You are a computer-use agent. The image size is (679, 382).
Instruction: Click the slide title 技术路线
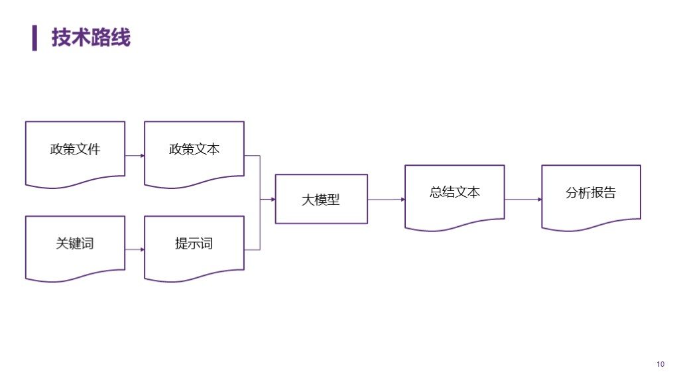pyautogui.click(x=91, y=38)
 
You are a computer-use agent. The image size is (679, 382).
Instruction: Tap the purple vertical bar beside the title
pyautogui.click(x=34, y=38)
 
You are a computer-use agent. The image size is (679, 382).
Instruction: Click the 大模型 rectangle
pyautogui.click(x=321, y=199)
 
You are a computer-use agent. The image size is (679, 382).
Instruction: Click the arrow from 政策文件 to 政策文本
pyautogui.click(x=135, y=156)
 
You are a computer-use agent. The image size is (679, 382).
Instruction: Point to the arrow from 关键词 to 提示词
pyautogui.click(x=135, y=250)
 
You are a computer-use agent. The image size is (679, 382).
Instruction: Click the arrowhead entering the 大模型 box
pyautogui.click(x=272, y=199)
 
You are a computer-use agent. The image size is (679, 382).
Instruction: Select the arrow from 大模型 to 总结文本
pyautogui.click(x=386, y=199)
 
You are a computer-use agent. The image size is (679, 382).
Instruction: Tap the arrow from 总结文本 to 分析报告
pyautogui.click(x=523, y=199)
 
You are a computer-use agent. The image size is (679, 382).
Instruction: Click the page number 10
pyautogui.click(x=660, y=364)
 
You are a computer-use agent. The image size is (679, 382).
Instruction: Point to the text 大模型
pyautogui.click(x=321, y=200)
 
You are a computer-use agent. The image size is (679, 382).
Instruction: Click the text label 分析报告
pyautogui.click(x=591, y=193)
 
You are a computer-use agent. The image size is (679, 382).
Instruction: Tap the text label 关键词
pyautogui.click(x=75, y=243)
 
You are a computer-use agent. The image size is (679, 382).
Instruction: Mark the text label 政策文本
pyautogui.click(x=194, y=149)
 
